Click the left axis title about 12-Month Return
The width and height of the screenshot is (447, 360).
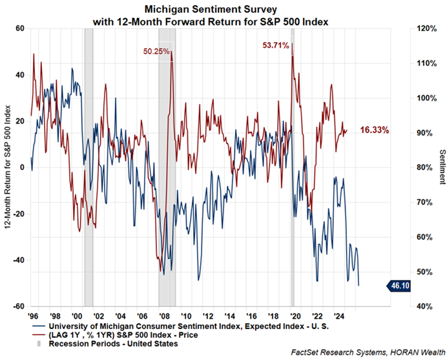point(7,167)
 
